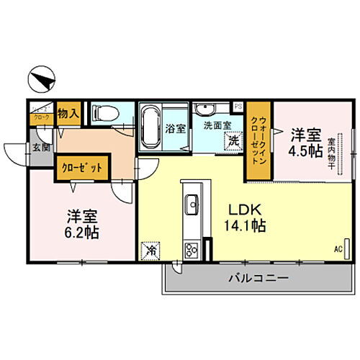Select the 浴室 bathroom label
175,130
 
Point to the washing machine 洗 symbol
233,140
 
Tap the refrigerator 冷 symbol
151,251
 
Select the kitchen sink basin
193,207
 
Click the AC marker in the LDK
338,250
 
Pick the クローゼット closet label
81,166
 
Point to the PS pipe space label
238,107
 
